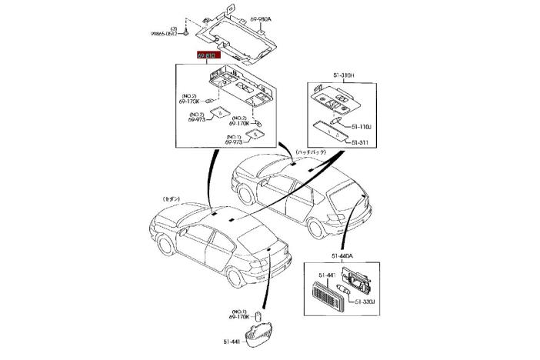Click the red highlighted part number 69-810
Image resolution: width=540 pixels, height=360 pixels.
[208, 55]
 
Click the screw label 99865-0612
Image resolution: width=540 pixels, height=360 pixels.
[163, 34]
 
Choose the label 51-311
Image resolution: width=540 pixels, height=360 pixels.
[361, 142]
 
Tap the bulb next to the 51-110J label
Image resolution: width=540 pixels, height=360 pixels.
[336, 122]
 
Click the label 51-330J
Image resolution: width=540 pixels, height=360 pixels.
[366, 302]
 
